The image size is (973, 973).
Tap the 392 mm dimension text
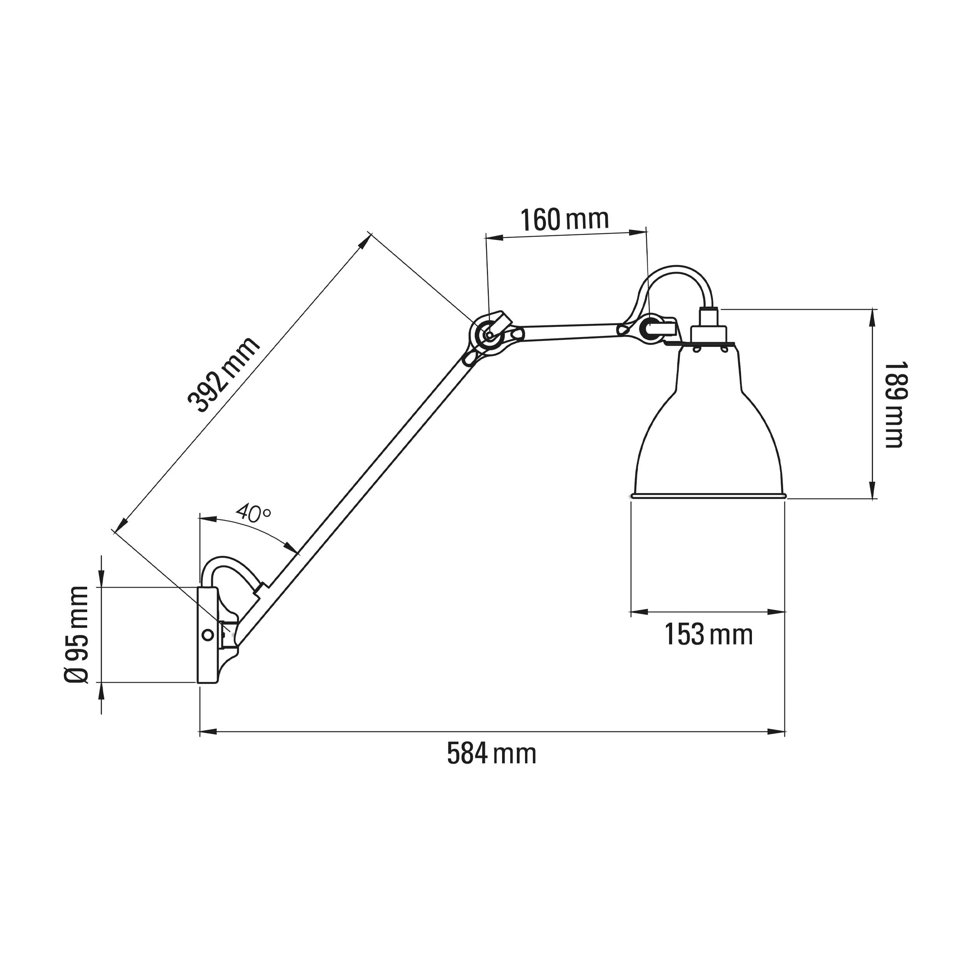click(x=224, y=375)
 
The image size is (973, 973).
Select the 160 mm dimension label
click(x=564, y=220)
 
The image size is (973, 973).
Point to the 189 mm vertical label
click(x=894, y=404)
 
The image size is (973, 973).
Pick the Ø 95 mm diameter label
click(x=77, y=634)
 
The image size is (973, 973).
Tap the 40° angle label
click(x=253, y=513)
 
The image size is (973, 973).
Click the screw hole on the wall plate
click(x=207, y=635)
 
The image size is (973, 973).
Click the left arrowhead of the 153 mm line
click(x=639, y=612)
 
